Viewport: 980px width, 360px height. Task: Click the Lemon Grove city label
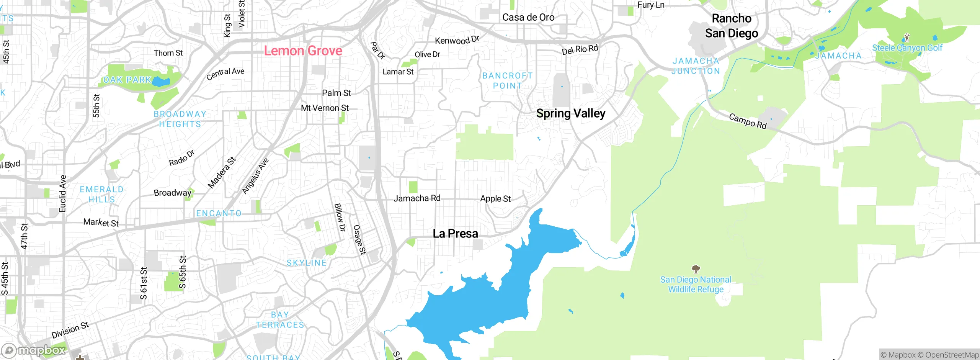303,51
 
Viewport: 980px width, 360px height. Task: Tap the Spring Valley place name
570,113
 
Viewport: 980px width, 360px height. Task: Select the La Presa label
455,234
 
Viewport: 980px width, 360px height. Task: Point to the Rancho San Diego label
732,26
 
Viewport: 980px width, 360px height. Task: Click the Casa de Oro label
528,17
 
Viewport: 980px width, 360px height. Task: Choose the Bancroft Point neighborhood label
507,81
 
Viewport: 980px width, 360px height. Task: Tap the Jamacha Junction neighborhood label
696,66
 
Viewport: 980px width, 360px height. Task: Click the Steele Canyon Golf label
907,48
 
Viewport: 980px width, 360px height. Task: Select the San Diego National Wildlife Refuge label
696,285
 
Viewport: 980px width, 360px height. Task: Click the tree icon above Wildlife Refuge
696,269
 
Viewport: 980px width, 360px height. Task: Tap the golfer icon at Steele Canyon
906,38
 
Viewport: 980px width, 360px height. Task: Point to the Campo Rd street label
748,121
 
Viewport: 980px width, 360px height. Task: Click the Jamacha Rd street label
417,198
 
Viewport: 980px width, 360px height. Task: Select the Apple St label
495,199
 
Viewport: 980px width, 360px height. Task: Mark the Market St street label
101,223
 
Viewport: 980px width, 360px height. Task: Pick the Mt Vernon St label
325,108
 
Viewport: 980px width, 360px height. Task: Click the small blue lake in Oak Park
161,82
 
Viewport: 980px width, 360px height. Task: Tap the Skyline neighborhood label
307,263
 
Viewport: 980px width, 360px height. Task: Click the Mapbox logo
34,350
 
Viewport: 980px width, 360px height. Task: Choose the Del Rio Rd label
580,50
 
